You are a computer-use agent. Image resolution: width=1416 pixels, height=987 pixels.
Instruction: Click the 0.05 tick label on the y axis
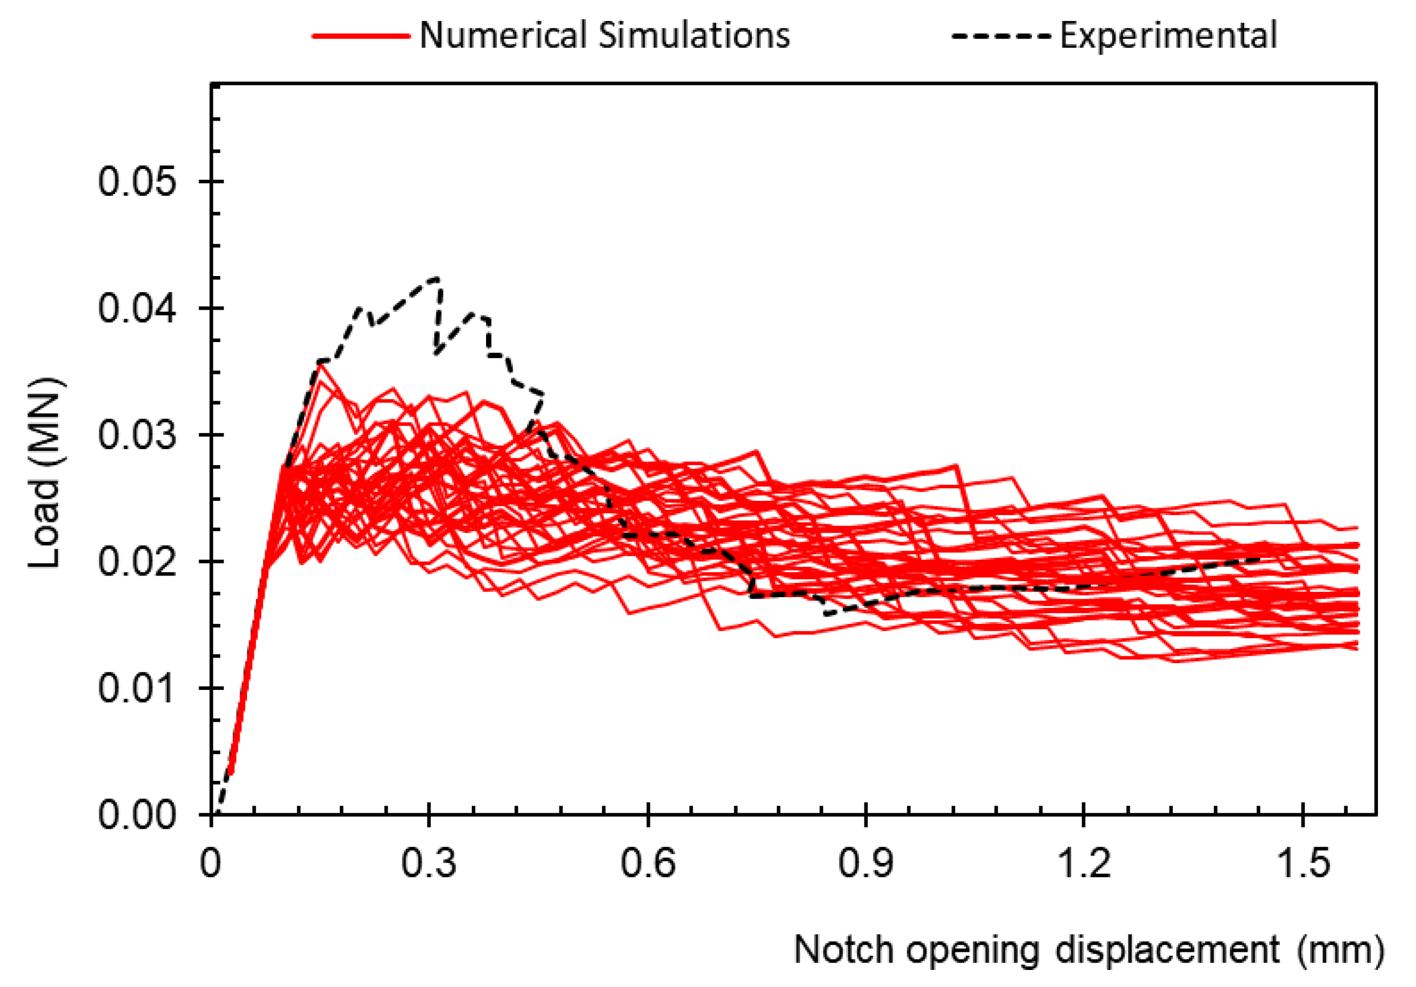[137, 183]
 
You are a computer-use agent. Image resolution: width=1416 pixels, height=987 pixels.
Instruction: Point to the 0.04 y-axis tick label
[137, 309]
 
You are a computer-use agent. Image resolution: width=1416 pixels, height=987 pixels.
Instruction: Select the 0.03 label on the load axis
[137, 435]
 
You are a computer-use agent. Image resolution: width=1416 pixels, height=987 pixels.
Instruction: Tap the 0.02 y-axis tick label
[137, 562]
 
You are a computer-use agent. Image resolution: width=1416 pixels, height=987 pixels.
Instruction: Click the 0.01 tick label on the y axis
[137, 688]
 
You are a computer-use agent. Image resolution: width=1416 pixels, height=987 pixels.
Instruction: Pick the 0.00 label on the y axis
[137, 815]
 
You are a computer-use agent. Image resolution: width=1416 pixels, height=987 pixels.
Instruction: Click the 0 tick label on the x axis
[211, 863]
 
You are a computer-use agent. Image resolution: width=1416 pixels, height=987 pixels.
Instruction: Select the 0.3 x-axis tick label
[429, 863]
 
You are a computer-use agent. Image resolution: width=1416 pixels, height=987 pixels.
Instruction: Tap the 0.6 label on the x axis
[648, 863]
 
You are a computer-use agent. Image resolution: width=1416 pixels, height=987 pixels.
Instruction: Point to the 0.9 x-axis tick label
[866, 863]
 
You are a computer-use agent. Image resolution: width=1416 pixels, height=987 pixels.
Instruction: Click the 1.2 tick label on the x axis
[1084, 863]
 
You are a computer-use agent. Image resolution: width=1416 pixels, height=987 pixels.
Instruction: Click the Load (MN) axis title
[44, 472]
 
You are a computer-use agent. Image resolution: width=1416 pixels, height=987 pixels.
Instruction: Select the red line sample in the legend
[361, 36]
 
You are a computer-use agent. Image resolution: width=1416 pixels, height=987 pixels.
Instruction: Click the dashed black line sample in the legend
[1001, 36]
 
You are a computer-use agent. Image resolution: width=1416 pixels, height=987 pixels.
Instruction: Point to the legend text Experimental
[1168, 36]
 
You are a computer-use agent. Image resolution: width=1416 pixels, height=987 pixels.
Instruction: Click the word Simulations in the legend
[694, 36]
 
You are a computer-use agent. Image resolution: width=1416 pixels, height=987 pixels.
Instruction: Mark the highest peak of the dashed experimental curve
[438, 278]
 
